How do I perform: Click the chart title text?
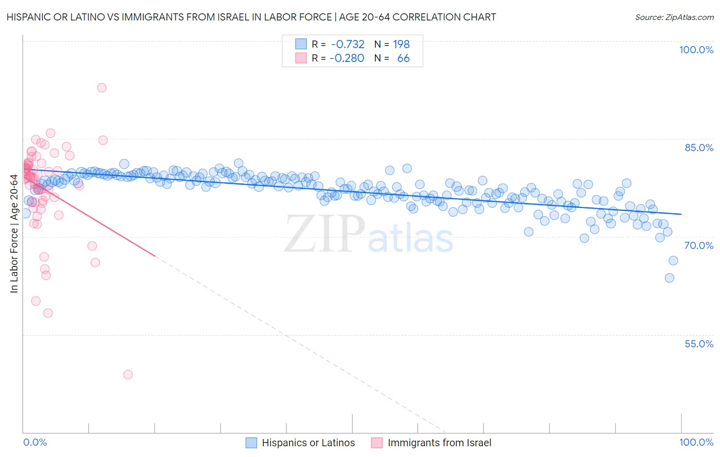[251, 17]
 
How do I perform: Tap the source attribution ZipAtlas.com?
[674, 17]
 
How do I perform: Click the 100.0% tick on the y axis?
[696, 50]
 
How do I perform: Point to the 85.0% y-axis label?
[699, 148]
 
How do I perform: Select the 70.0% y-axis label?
[699, 245]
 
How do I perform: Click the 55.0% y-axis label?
[699, 344]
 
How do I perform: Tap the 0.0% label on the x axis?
[35, 442]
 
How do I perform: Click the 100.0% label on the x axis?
[696, 442]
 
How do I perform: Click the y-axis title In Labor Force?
[14, 234]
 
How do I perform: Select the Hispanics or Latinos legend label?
[308, 443]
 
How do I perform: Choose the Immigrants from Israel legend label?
[439, 443]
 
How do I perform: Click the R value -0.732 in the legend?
[348, 44]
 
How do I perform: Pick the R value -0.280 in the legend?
[347, 58]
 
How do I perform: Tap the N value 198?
[401, 44]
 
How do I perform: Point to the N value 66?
[404, 58]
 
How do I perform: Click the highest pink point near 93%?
[101, 88]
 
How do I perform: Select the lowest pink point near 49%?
[128, 375]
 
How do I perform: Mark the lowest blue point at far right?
[669, 278]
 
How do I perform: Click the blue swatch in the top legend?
[301, 44]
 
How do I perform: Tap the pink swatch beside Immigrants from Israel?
[376, 443]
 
